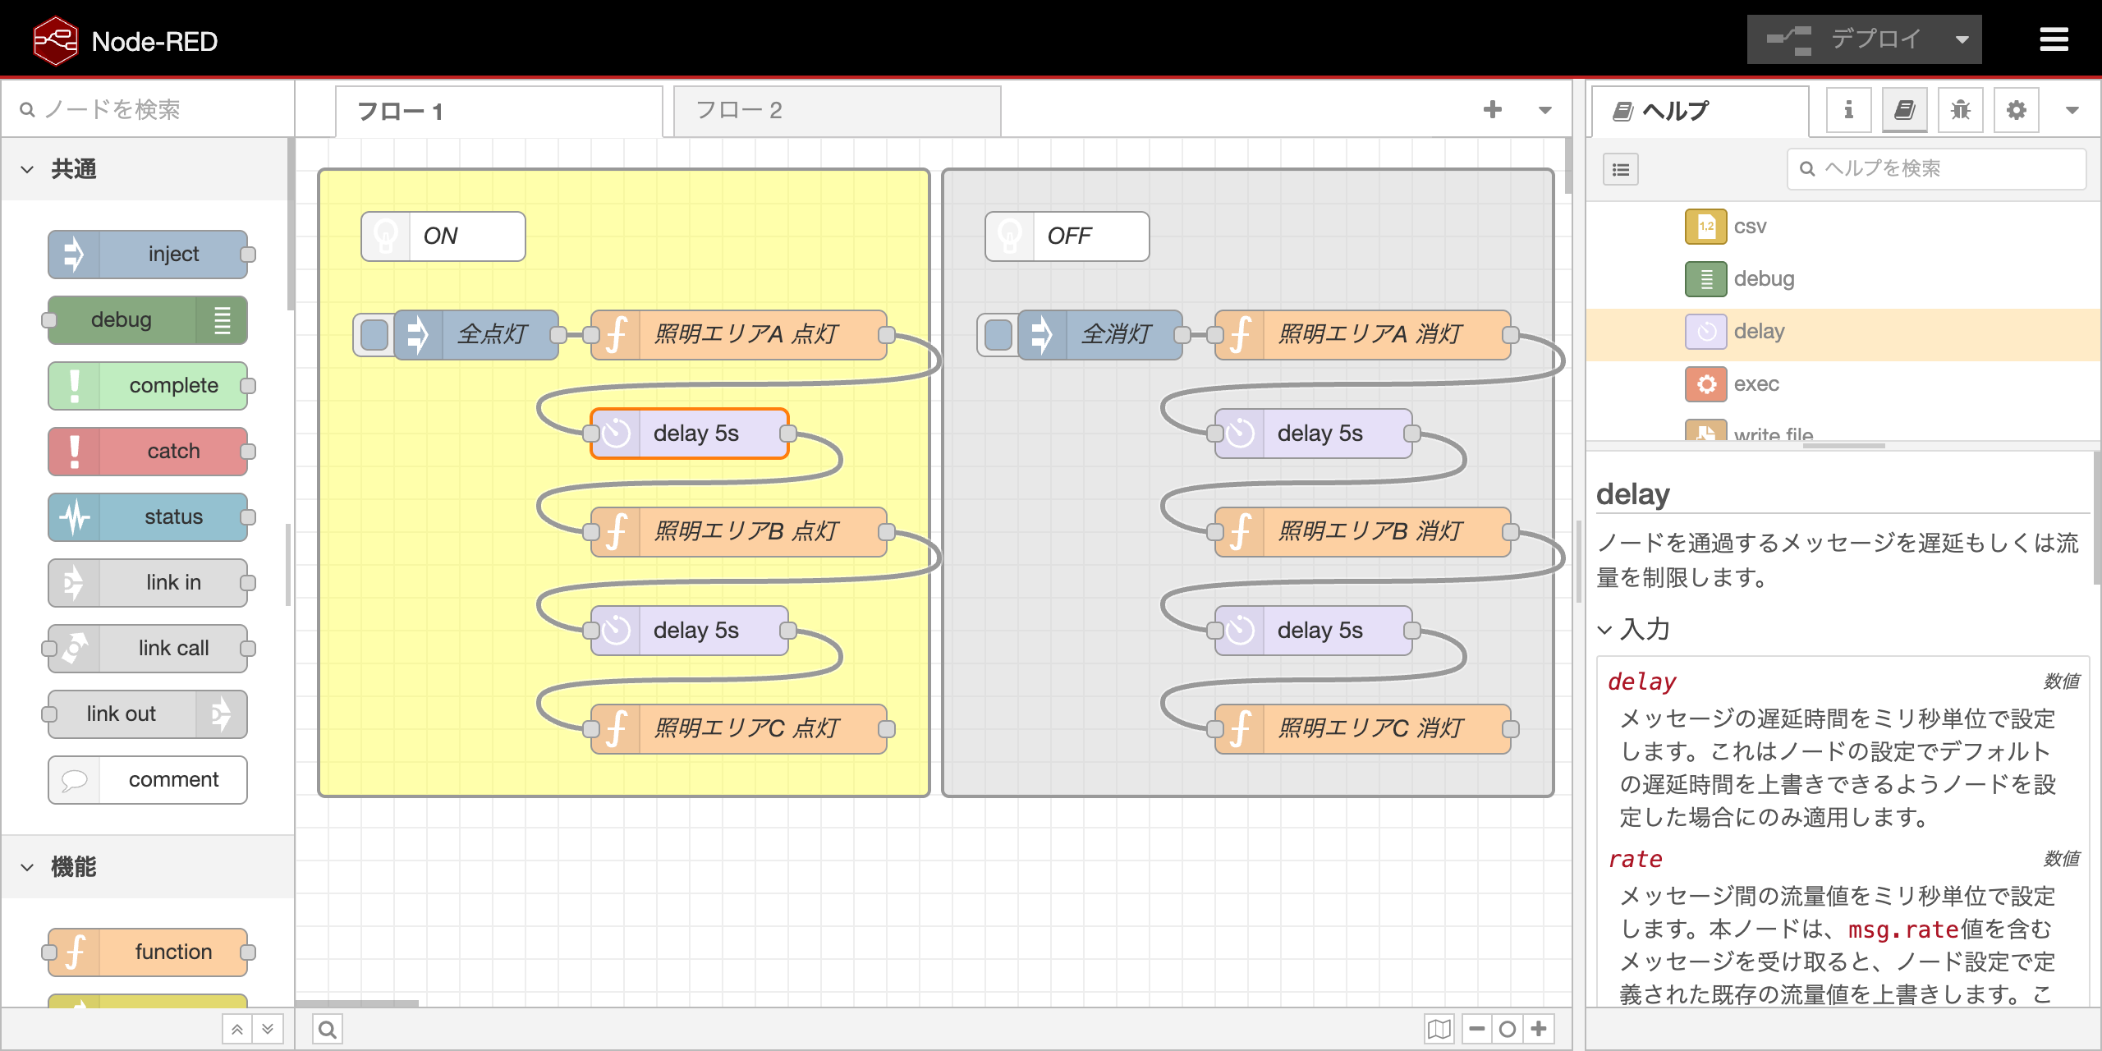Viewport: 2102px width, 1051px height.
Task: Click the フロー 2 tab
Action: (836, 111)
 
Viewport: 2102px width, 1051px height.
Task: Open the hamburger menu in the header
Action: (2054, 39)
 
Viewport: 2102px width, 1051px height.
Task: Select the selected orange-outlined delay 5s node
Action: (689, 434)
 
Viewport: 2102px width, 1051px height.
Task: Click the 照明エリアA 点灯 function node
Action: (738, 335)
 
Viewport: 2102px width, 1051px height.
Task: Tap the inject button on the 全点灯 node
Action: (374, 335)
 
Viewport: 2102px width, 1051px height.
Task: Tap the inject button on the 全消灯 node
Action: (998, 335)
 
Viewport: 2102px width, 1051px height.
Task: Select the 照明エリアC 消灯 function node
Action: (1362, 729)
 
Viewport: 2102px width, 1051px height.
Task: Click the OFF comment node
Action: (1067, 236)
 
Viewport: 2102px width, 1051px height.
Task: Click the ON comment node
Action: (443, 236)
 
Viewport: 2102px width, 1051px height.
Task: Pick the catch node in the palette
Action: (148, 452)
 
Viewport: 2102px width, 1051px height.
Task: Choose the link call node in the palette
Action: (148, 649)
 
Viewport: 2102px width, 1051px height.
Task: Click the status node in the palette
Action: (148, 517)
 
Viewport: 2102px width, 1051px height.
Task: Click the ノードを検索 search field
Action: (148, 109)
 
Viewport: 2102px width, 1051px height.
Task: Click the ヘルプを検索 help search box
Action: (1936, 168)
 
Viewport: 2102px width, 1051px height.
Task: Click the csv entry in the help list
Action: (1750, 227)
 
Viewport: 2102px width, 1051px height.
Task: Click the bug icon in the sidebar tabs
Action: (1960, 110)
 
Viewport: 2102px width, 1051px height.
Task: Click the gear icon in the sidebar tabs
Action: (2016, 110)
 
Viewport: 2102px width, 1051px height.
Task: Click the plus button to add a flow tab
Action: (1493, 109)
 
